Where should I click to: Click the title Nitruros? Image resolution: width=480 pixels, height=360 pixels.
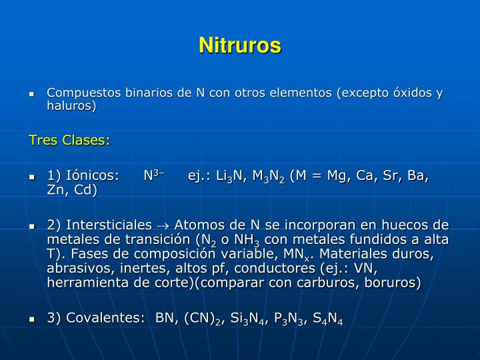coord(240,45)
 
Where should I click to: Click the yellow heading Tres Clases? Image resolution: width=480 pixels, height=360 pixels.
coord(69,141)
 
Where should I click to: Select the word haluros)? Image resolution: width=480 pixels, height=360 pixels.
coord(72,106)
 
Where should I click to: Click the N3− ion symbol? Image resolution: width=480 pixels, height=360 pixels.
coord(153,175)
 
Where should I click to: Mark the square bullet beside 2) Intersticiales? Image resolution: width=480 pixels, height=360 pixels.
coord(31,226)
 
